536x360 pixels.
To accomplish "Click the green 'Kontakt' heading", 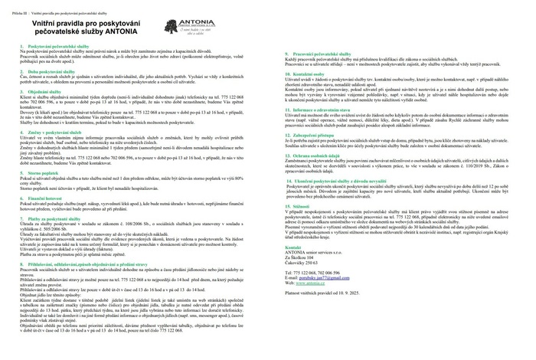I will click(x=292, y=270).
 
